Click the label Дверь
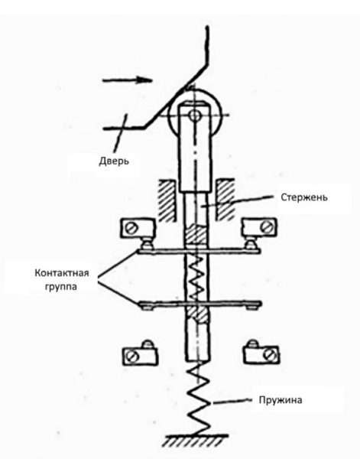(114, 161)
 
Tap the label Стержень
(304, 197)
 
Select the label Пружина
(281, 400)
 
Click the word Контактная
(62, 273)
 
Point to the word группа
(61, 286)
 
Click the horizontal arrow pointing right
(127, 80)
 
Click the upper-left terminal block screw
(131, 228)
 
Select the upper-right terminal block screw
(267, 227)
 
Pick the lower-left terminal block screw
(132, 356)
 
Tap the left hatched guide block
(168, 200)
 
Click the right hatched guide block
(225, 200)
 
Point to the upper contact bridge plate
(199, 252)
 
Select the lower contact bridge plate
(200, 304)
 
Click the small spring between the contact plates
(197, 278)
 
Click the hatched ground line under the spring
(196, 441)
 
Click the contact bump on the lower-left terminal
(147, 344)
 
